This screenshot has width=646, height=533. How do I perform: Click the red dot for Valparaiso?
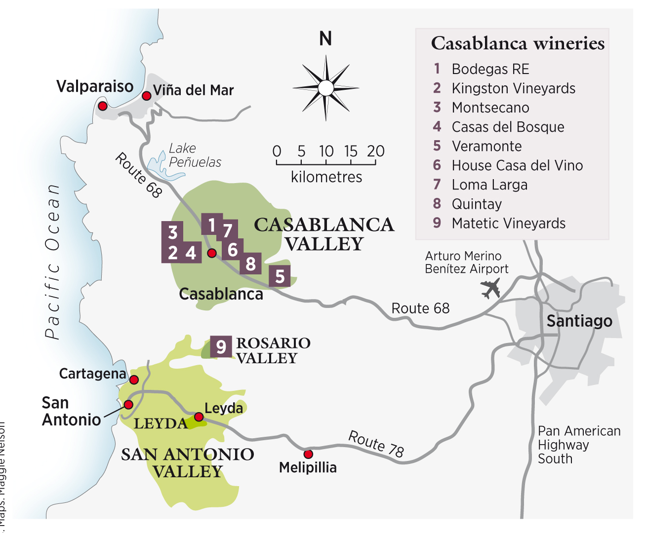[x=103, y=106]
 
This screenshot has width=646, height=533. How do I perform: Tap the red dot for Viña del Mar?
[x=146, y=96]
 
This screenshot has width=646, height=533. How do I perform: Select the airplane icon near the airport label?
[x=490, y=288]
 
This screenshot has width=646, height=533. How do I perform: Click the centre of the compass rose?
[x=325, y=88]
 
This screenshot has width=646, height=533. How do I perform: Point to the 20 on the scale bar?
[x=375, y=151]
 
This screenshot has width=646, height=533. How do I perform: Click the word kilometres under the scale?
[x=326, y=177]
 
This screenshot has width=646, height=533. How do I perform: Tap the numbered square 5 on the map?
[x=280, y=276]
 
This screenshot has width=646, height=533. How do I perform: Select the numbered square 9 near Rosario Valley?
[x=221, y=346]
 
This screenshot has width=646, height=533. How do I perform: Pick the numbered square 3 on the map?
[x=172, y=232]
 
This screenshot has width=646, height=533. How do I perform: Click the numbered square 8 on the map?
[x=250, y=264]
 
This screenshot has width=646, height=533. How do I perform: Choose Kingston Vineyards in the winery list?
[x=513, y=88]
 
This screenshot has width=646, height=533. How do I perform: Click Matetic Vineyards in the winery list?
[x=508, y=223]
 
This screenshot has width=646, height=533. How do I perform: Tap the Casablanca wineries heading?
[x=518, y=43]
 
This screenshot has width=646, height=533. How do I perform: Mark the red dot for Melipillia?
[x=308, y=454]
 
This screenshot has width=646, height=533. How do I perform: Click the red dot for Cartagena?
[x=134, y=380]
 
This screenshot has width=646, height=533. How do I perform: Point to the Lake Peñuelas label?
[x=195, y=155]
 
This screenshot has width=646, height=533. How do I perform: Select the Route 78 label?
[x=376, y=444]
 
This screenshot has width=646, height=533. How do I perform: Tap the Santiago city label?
[x=579, y=321]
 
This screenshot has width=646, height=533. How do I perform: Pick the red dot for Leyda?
[x=199, y=418]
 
